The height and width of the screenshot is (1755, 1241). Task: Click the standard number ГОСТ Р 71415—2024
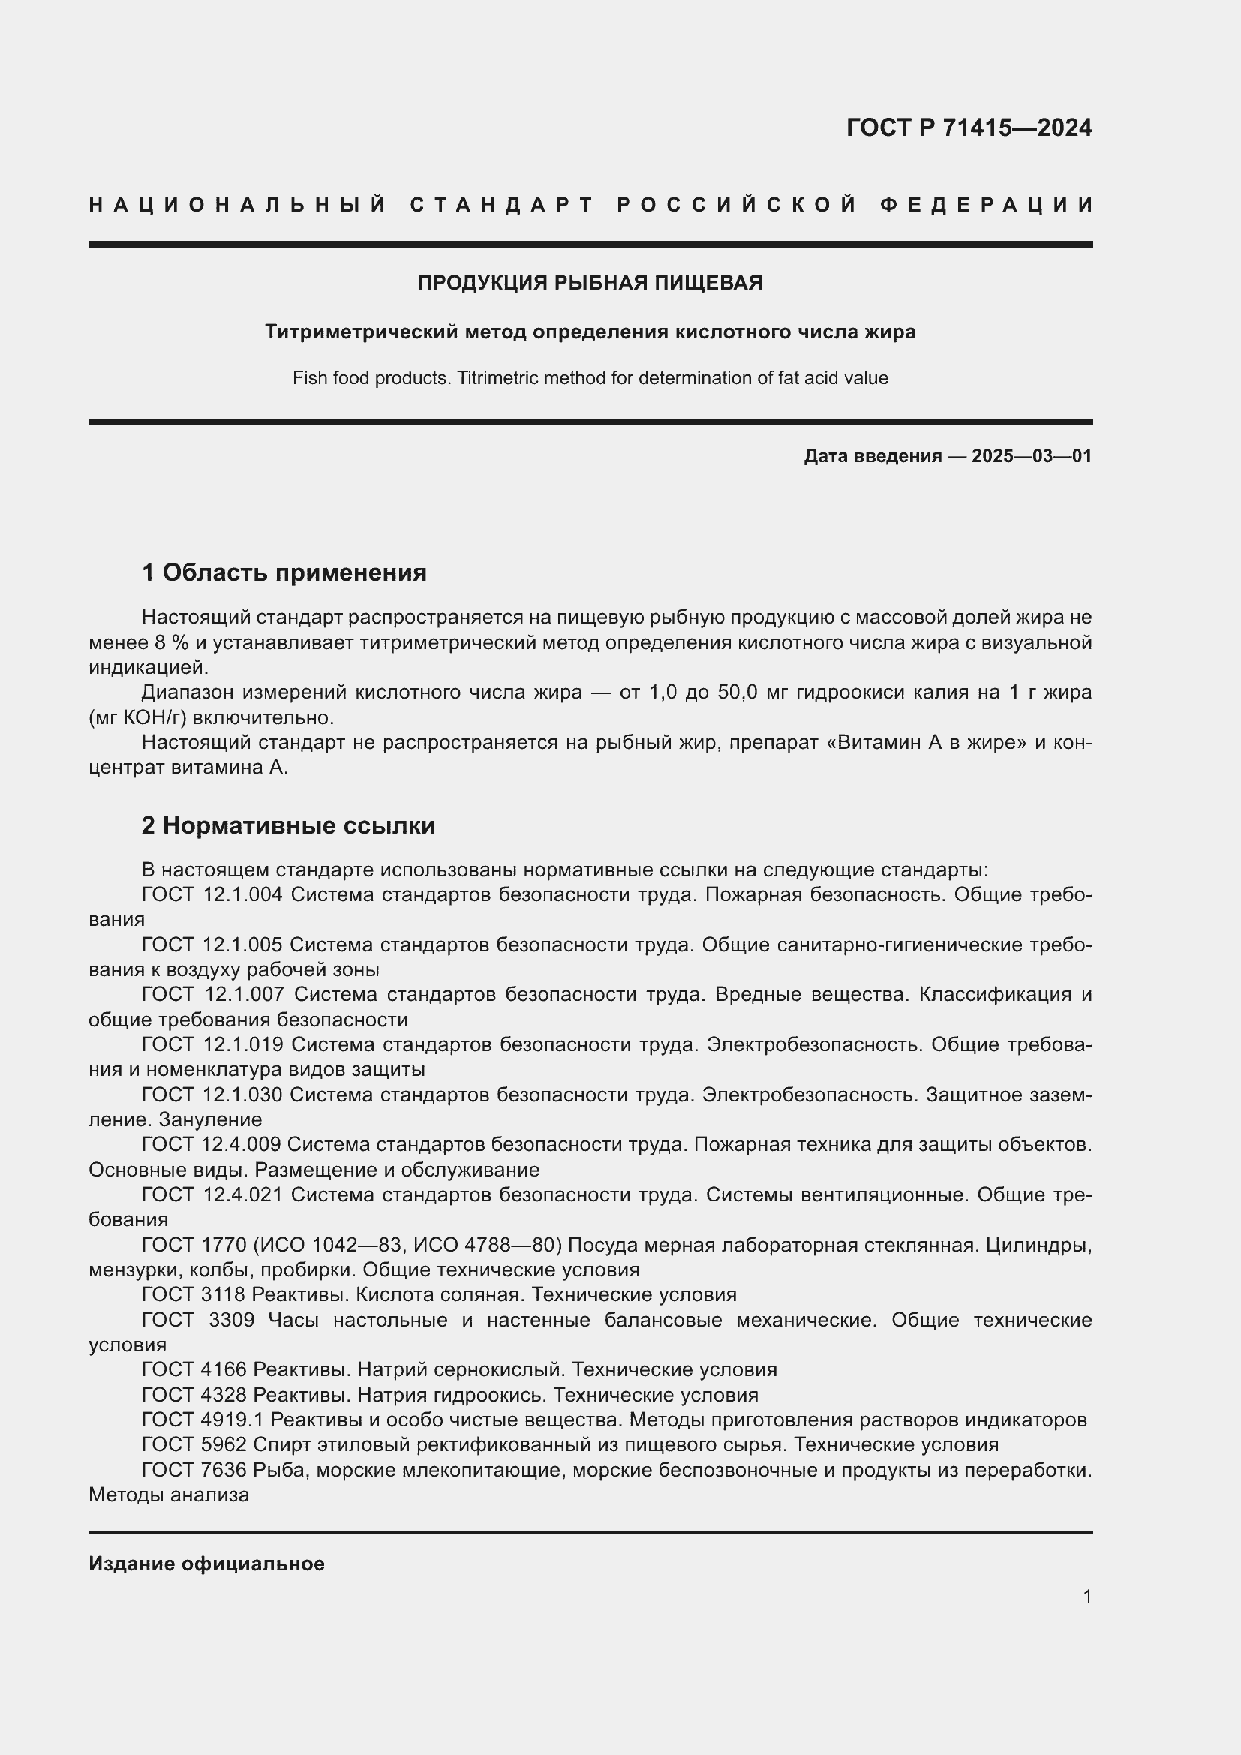pyautogui.click(x=969, y=128)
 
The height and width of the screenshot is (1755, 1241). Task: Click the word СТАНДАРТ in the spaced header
pyautogui.click(x=502, y=205)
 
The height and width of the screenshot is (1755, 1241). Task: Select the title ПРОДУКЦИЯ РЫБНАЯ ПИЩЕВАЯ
pyautogui.click(x=590, y=283)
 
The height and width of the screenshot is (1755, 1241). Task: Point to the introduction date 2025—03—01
pyautogui.click(x=1032, y=456)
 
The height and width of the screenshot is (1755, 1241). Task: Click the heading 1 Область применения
pyautogui.click(x=284, y=572)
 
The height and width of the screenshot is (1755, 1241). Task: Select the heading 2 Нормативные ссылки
pyautogui.click(x=288, y=825)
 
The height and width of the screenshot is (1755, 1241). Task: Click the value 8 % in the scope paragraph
pyautogui.click(x=171, y=642)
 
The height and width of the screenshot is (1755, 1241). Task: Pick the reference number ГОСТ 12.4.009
pyautogui.click(x=212, y=1144)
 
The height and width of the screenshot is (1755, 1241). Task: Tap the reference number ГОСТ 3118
pyautogui.click(x=194, y=1295)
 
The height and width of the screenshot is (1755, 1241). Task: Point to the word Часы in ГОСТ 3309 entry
pyautogui.click(x=293, y=1320)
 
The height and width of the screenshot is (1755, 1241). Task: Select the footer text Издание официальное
pyautogui.click(x=206, y=1564)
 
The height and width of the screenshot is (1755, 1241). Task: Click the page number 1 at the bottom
pyautogui.click(x=1086, y=1596)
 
